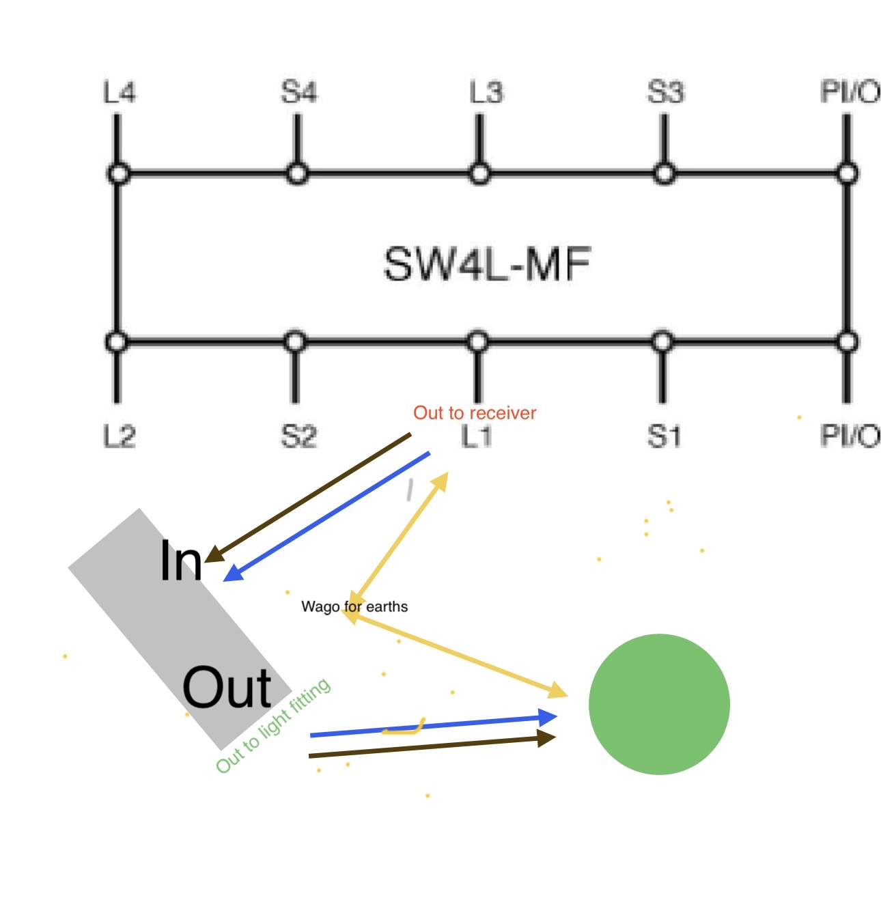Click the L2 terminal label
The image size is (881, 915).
[x=120, y=436]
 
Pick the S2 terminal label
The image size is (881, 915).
[x=299, y=436]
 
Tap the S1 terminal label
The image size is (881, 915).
[x=664, y=436]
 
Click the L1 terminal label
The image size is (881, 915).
[x=477, y=436]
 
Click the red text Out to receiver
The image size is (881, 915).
[x=475, y=413]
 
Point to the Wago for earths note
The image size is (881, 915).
[x=354, y=606]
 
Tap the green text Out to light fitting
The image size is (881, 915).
[x=273, y=725]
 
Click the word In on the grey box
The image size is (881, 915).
[x=181, y=561]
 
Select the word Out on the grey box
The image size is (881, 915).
[x=227, y=687]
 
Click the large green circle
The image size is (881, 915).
[x=659, y=704]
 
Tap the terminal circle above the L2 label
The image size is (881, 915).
[x=117, y=341]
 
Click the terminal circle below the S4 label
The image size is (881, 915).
[x=297, y=173]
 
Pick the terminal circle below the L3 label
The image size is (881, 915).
[x=479, y=173]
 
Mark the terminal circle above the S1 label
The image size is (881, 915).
[x=662, y=341]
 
